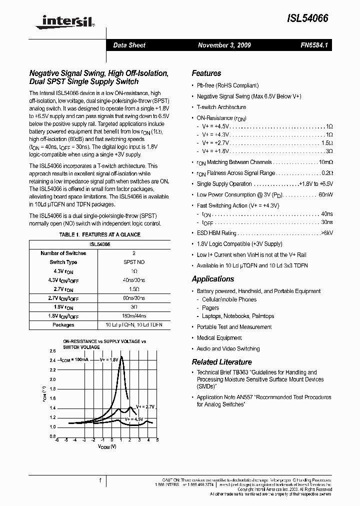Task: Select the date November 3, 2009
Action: pyautogui.click(x=224, y=45)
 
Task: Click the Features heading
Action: pyautogui.click(x=206, y=73)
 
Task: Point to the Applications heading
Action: pyautogui.click(x=213, y=279)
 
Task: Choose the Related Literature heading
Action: pyautogui.click(x=222, y=362)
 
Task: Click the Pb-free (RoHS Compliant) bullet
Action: pyautogui.click(x=227, y=85)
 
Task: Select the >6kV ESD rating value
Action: pyautogui.click(x=326, y=233)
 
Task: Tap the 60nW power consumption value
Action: pyautogui.click(x=325, y=195)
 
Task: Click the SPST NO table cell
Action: pyautogui.click(x=134, y=262)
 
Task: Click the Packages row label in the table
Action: pyautogui.click(x=63, y=325)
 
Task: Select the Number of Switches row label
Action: pyautogui.click(x=63, y=253)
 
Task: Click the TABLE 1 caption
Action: pyautogui.click(x=99, y=234)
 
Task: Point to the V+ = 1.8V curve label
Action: pyautogui.click(x=109, y=359)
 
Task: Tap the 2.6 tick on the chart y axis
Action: pyautogui.click(x=52, y=351)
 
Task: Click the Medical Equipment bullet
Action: pyautogui.click(x=219, y=338)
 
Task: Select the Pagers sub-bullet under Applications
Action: pyautogui.click(x=210, y=308)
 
